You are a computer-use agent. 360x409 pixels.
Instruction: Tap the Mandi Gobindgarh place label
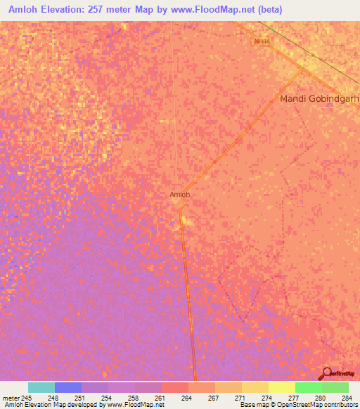click(x=319, y=99)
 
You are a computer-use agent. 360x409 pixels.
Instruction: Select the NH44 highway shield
click(x=262, y=41)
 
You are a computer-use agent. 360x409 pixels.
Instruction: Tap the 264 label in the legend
click(x=186, y=397)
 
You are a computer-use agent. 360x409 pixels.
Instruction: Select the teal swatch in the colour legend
click(x=41, y=387)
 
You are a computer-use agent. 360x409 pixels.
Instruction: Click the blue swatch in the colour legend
click(x=68, y=387)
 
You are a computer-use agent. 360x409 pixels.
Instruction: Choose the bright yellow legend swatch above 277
click(x=282, y=387)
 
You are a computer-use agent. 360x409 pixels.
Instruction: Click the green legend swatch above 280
click(x=309, y=387)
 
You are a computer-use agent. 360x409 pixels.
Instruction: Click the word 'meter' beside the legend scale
click(x=11, y=397)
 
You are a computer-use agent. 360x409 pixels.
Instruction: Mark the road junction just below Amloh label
click(x=181, y=207)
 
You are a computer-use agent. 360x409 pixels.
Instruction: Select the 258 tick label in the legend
click(x=132, y=397)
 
